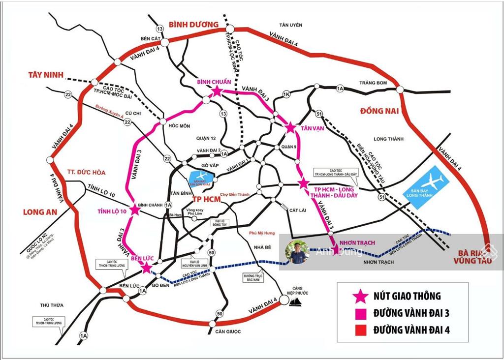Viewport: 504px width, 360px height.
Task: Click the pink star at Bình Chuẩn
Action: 217,91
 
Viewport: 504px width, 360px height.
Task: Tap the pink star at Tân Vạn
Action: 290,128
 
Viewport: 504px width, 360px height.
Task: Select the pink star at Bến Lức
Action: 146,267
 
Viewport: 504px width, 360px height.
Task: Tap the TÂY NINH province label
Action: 46,75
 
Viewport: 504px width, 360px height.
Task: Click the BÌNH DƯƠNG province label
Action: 193,24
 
